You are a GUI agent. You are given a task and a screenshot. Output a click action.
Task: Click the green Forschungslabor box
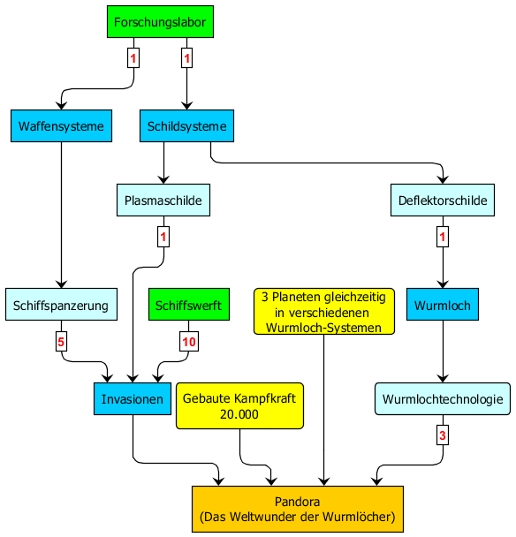[x=160, y=21]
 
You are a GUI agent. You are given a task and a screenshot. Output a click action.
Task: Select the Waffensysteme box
[x=61, y=125]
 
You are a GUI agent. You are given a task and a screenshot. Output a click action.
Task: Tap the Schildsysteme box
[x=186, y=125]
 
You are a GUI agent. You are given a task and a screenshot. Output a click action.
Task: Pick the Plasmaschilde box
[x=163, y=200]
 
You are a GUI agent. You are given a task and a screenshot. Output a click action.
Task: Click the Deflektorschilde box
[x=443, y=200]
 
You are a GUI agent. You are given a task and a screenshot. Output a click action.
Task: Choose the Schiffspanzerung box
[x=61, y=305]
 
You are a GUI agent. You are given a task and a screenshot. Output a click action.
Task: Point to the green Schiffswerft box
[x=189, y=305]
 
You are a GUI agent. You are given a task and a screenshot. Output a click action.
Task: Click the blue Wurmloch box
[x=443, y=305]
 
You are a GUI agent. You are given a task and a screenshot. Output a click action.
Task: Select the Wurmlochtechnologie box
[x=443, y=399]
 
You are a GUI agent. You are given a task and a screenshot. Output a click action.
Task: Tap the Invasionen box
[x=133, y=399]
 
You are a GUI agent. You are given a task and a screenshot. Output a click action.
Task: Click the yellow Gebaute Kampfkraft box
[x=239, y=405]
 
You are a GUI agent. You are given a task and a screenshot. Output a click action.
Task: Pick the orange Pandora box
[x=298, y=509]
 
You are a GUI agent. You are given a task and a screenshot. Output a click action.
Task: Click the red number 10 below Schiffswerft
[x=189, y=342]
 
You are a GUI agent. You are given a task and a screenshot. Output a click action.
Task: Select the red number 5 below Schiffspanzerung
[x=61, y=342]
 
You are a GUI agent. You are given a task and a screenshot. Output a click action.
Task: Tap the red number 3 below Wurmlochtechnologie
[x=443, y=435]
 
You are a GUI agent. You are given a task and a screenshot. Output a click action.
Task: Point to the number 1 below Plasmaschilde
[x=163, y=237]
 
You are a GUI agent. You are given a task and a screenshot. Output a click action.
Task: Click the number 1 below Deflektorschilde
[x=443, y=237]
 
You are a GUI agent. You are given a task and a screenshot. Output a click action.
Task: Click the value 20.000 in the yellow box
[x=239, y=414]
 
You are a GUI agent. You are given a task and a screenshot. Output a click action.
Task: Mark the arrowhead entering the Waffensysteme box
[x=61, y=105]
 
